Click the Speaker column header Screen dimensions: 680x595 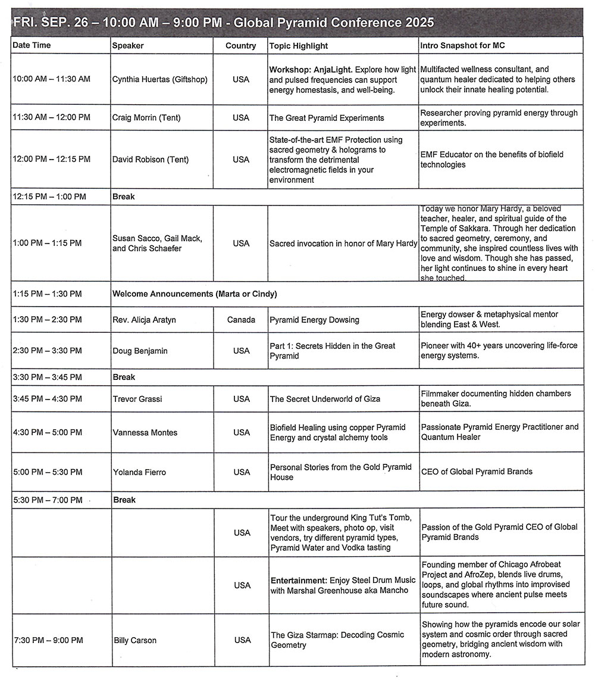128,46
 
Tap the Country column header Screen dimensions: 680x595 241,46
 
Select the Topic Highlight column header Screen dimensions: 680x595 299,46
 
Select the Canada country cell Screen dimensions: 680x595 241,320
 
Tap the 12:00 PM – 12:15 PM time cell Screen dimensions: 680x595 52,160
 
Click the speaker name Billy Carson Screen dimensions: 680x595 135,641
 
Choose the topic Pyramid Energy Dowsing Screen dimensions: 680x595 315,320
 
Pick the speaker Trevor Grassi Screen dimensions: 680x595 138,399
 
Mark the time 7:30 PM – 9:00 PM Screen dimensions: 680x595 48,641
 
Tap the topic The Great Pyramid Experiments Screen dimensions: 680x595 327,118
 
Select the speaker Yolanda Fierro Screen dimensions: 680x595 139,472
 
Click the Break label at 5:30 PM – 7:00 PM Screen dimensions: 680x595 124,500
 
